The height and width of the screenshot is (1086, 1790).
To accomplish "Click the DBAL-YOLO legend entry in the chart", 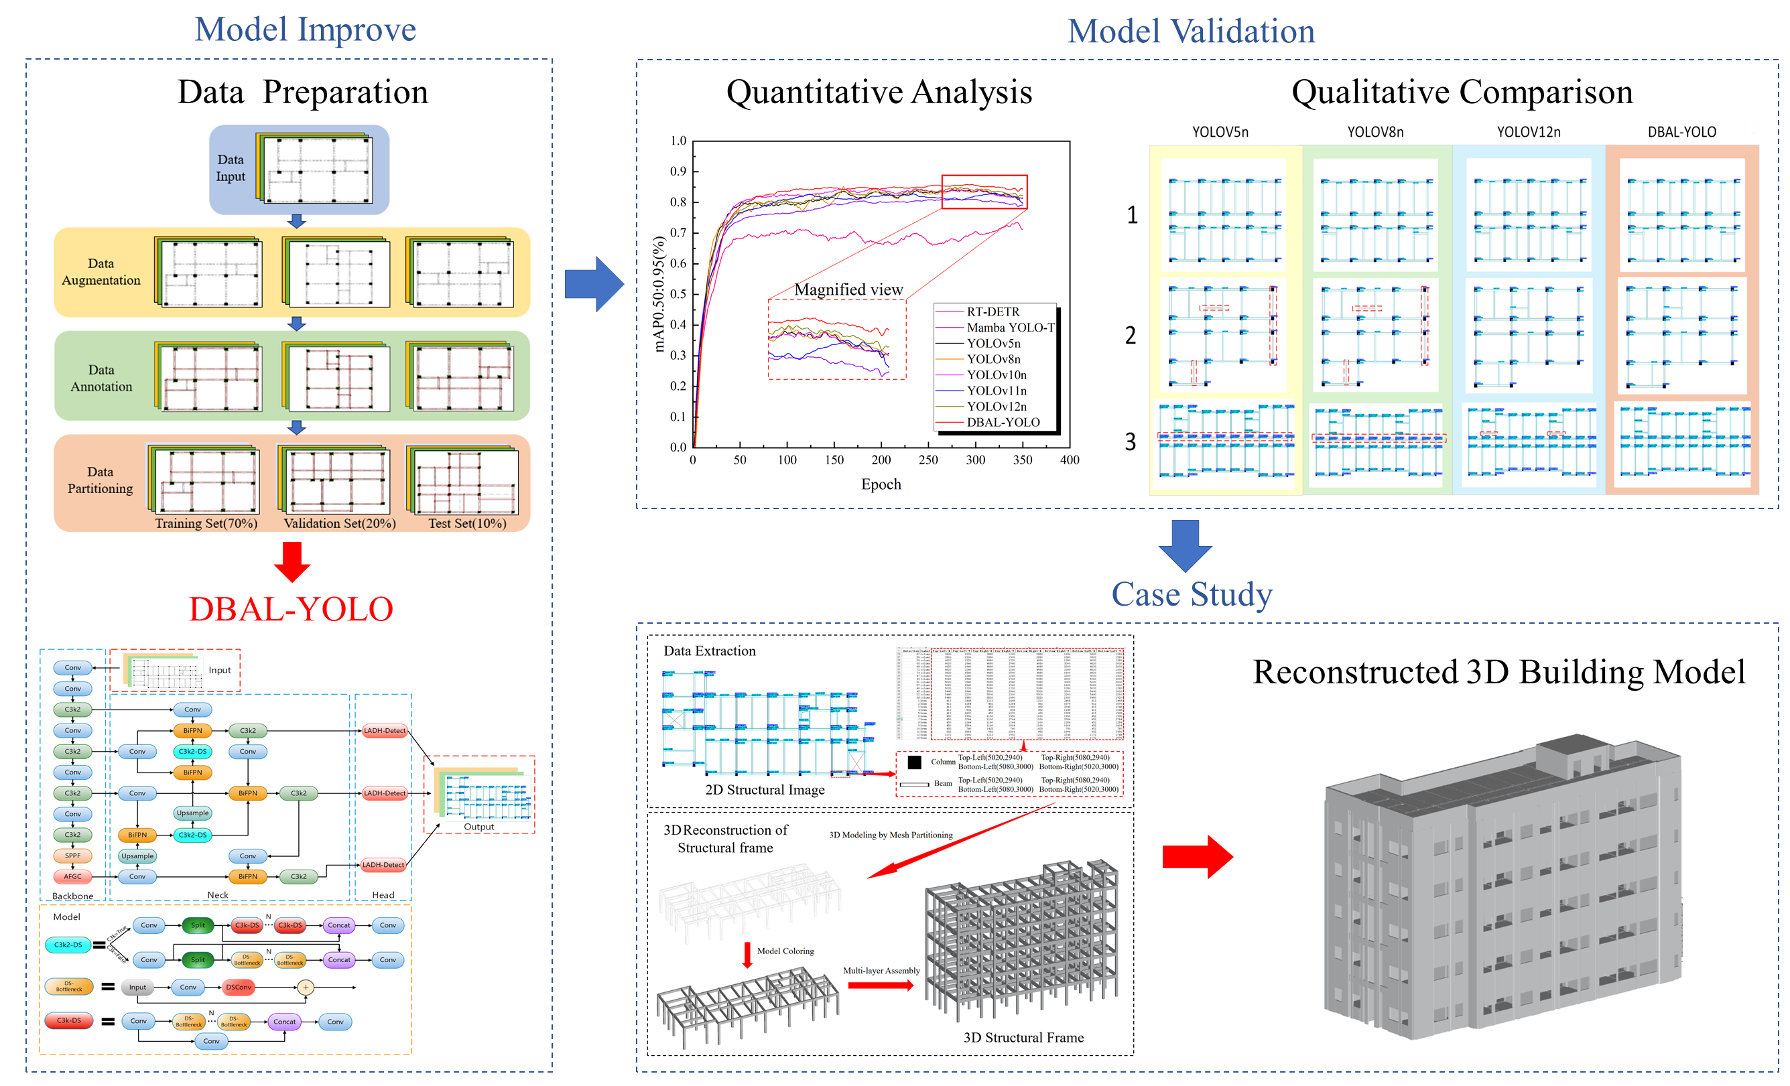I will [1003, 422].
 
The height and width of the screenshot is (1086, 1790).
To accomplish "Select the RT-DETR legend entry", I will [993, 312].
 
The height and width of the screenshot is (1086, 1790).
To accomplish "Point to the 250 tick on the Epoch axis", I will [928, 460].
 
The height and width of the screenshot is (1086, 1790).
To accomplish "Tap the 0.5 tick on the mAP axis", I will [678, 294].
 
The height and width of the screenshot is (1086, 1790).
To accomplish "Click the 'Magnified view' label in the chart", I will [848, 290].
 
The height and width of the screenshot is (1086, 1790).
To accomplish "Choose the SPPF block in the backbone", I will [72, 856].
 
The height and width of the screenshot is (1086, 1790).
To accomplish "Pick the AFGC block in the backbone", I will [72, 876].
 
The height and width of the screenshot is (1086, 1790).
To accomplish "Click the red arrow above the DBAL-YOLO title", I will [292, 561].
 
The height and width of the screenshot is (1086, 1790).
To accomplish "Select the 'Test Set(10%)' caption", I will [467, 523].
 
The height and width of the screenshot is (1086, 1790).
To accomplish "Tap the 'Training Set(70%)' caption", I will [206, 523].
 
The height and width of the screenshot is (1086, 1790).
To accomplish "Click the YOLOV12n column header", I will [1529, 132].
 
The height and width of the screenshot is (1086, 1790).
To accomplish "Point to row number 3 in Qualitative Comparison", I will [1131, 442].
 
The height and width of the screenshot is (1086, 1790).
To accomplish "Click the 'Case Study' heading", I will [1192, 594].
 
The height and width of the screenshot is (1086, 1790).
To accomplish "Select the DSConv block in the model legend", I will [239, 988].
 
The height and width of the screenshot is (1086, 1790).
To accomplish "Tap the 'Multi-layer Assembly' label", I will [881, 971].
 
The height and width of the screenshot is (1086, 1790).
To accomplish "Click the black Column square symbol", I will [915, 762].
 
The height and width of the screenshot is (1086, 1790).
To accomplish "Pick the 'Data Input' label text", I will [231, 167].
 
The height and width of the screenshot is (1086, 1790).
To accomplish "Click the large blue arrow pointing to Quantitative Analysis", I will [594, 284].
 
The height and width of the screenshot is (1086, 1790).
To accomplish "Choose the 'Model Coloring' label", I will [785, 951].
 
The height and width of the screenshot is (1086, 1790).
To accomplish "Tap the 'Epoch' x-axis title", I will [881, 484].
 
